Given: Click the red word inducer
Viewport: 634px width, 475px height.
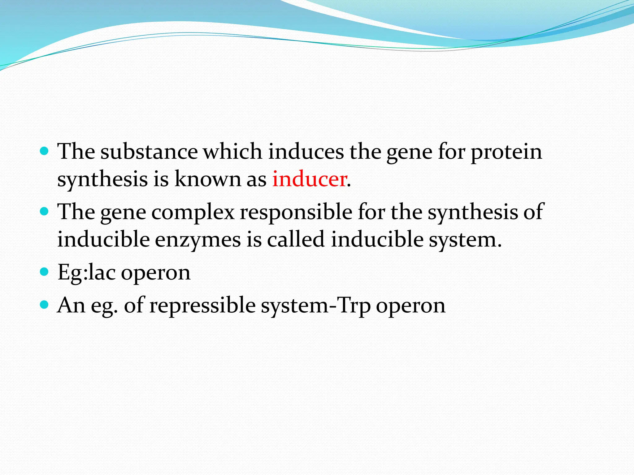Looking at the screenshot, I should coord(309,179).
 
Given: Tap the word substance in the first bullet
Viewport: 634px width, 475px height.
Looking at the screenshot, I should coord(149,152).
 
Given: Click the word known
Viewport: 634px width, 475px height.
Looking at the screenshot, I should coord(207,179).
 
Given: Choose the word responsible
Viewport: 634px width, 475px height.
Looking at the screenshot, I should coord(296,212).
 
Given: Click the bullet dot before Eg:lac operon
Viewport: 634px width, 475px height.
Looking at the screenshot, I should coord(45,272).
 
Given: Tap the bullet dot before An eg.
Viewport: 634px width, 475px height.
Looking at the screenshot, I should coord(45,305).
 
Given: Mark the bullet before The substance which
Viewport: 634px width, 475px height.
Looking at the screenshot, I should coord(45,151).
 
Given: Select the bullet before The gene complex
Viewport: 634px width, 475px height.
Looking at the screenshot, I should coord(45,212).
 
